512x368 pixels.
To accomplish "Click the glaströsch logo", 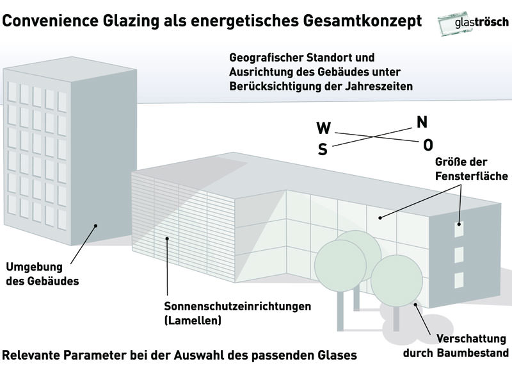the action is click(473, 22).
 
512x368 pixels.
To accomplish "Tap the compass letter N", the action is click(422, 122).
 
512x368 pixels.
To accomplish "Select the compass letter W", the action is click(324, 128).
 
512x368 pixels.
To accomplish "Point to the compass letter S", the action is click(323, 149).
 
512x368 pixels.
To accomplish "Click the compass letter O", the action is click(428, 145).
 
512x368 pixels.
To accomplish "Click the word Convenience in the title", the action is click(50, 21).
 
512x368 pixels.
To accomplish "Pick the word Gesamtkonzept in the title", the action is click(362, 21).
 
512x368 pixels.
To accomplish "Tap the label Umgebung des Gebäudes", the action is click(42, 274).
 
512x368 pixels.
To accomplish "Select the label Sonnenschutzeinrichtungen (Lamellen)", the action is click(237, 313).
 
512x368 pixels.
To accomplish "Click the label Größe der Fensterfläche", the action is click(472, 169).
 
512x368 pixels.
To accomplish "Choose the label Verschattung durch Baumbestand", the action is click(456, 346).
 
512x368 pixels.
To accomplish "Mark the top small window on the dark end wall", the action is click(459, 229).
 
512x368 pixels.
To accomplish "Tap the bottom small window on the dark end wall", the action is click(459, 280).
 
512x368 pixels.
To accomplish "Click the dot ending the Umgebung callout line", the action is click(95, 226).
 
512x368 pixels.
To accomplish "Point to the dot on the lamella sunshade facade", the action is click(167, 238).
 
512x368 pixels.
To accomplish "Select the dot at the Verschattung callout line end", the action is click(415, 305).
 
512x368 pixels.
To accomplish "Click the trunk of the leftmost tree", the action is click(340, 311).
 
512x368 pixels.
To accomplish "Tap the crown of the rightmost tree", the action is click(397, 281).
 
